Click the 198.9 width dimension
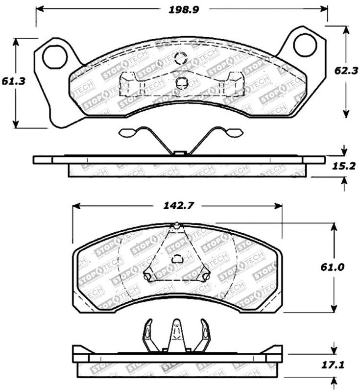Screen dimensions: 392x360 tap(181, 9)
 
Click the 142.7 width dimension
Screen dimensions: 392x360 tap(178, 206)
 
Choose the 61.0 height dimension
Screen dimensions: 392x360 tap(344, 268)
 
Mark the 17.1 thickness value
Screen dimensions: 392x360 tap(344, 365)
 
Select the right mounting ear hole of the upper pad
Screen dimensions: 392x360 tap(305, 45)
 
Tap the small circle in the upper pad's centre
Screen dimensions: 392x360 tap(180, 82)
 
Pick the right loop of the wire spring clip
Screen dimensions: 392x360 tap(234, 133)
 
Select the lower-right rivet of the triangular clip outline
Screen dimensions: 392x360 tap(206, 277)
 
